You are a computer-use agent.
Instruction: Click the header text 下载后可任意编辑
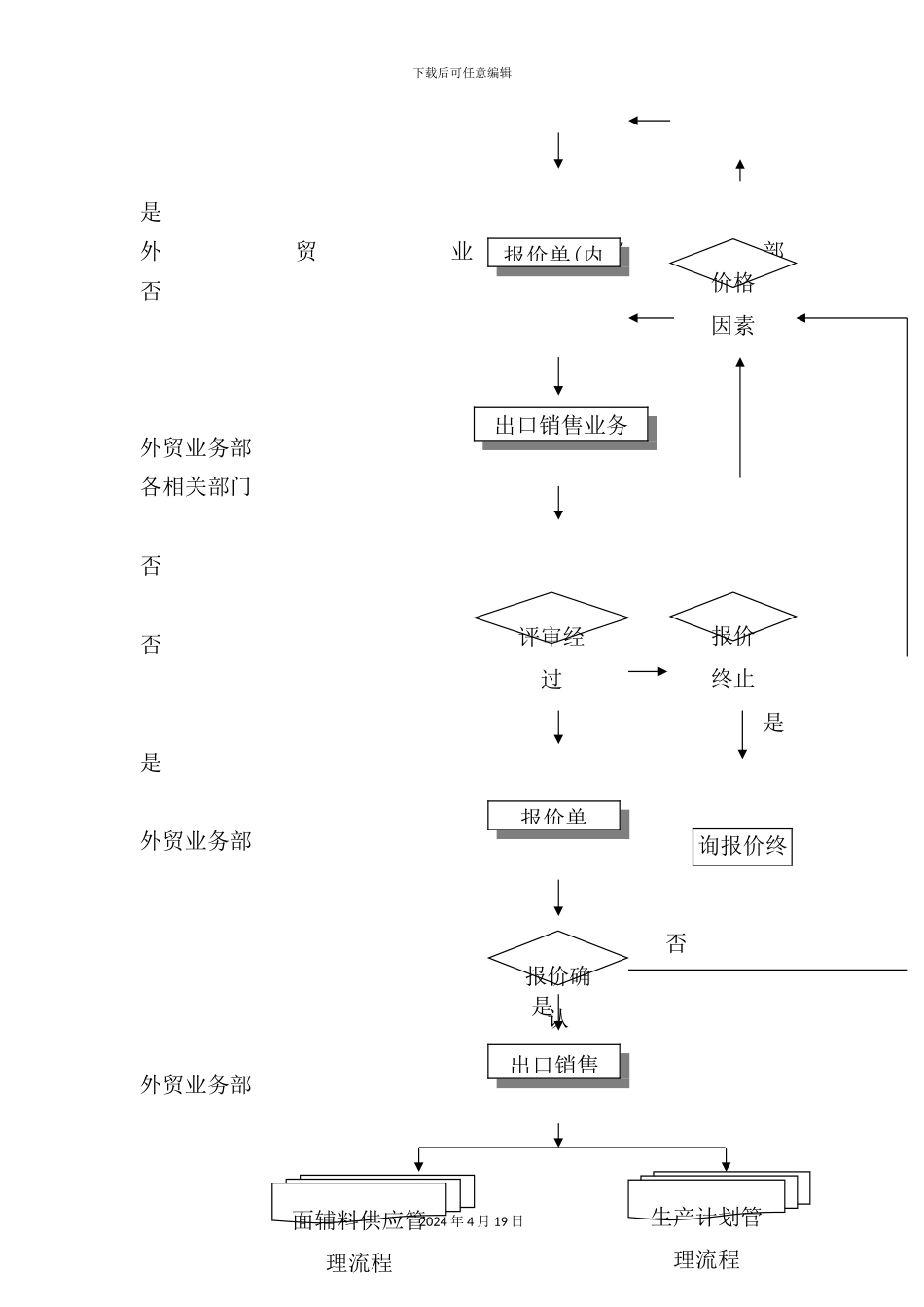click(462, 73)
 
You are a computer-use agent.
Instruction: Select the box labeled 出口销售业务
click(561, 425)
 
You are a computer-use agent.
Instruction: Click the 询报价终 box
click(742, 846)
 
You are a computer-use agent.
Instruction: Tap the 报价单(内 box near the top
click(553, 253)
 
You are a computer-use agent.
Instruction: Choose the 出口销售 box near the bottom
click(553, 1063)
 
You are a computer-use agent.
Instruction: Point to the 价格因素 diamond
click(732, 263)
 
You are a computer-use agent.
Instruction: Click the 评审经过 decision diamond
click(551, 618)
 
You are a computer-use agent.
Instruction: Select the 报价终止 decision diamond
click(732, 618)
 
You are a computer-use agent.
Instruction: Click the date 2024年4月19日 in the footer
click(472, 1221)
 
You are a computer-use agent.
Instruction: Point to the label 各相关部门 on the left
click(196, 486)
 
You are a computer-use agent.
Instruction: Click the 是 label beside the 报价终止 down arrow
click(773, 723)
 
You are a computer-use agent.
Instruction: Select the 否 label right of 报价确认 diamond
click(676, 943)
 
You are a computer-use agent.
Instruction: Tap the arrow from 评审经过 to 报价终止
click(648, 671)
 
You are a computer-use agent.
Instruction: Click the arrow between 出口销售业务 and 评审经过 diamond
click(558, 503)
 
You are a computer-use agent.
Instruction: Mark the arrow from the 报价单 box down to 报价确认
click(558, 898)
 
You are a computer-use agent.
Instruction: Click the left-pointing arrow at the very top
click(649, 121)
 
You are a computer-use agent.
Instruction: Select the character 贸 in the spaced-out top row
click(305, 252)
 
